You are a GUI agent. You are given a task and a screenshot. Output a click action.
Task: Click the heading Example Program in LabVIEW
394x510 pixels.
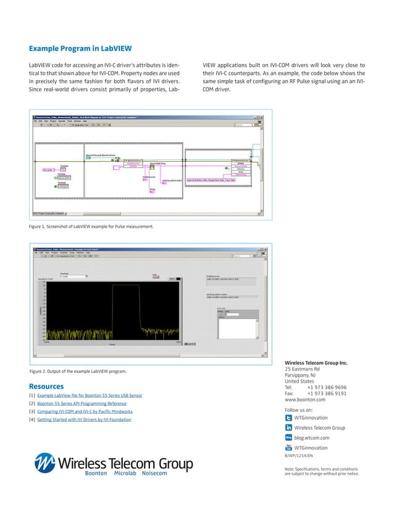[x=80, y=49]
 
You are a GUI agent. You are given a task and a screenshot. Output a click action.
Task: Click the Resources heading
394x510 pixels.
[x=46, y=387]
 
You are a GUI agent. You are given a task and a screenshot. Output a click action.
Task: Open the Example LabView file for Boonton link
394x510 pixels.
[x=90, y=395]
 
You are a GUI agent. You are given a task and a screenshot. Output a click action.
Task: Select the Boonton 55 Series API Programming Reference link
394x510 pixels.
[x=82, y=403]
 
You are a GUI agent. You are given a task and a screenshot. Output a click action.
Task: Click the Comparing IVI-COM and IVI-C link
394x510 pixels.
[x=85, y=411]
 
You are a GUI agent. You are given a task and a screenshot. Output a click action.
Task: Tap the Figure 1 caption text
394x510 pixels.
[x=91, y=227]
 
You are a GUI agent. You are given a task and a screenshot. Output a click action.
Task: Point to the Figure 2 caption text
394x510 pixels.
[x=78, y=371]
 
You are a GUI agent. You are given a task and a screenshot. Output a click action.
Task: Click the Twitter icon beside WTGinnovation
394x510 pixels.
[x=288, y=418]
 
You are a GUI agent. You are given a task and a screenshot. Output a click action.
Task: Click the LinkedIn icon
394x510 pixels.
[x=288, y=428]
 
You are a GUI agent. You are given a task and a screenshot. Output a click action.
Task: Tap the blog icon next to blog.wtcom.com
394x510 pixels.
[x=288, y=438]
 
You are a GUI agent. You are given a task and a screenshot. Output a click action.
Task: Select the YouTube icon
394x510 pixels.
[x=288, y=448]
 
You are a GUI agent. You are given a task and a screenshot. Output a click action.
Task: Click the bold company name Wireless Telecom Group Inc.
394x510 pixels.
[x=316, y=363]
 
